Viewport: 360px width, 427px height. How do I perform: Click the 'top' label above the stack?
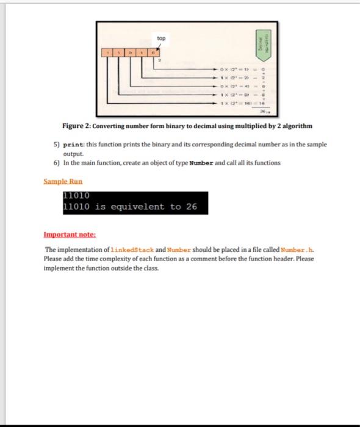pos(160,38)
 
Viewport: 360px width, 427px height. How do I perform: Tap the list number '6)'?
pos(57,163)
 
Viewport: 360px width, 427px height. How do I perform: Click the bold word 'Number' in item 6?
pos(201,163)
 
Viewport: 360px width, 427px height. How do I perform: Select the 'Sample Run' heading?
pos(63,182)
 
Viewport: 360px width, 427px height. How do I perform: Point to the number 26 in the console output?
pos(192,207)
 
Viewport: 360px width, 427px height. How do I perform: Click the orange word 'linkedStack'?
pos(132,250)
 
